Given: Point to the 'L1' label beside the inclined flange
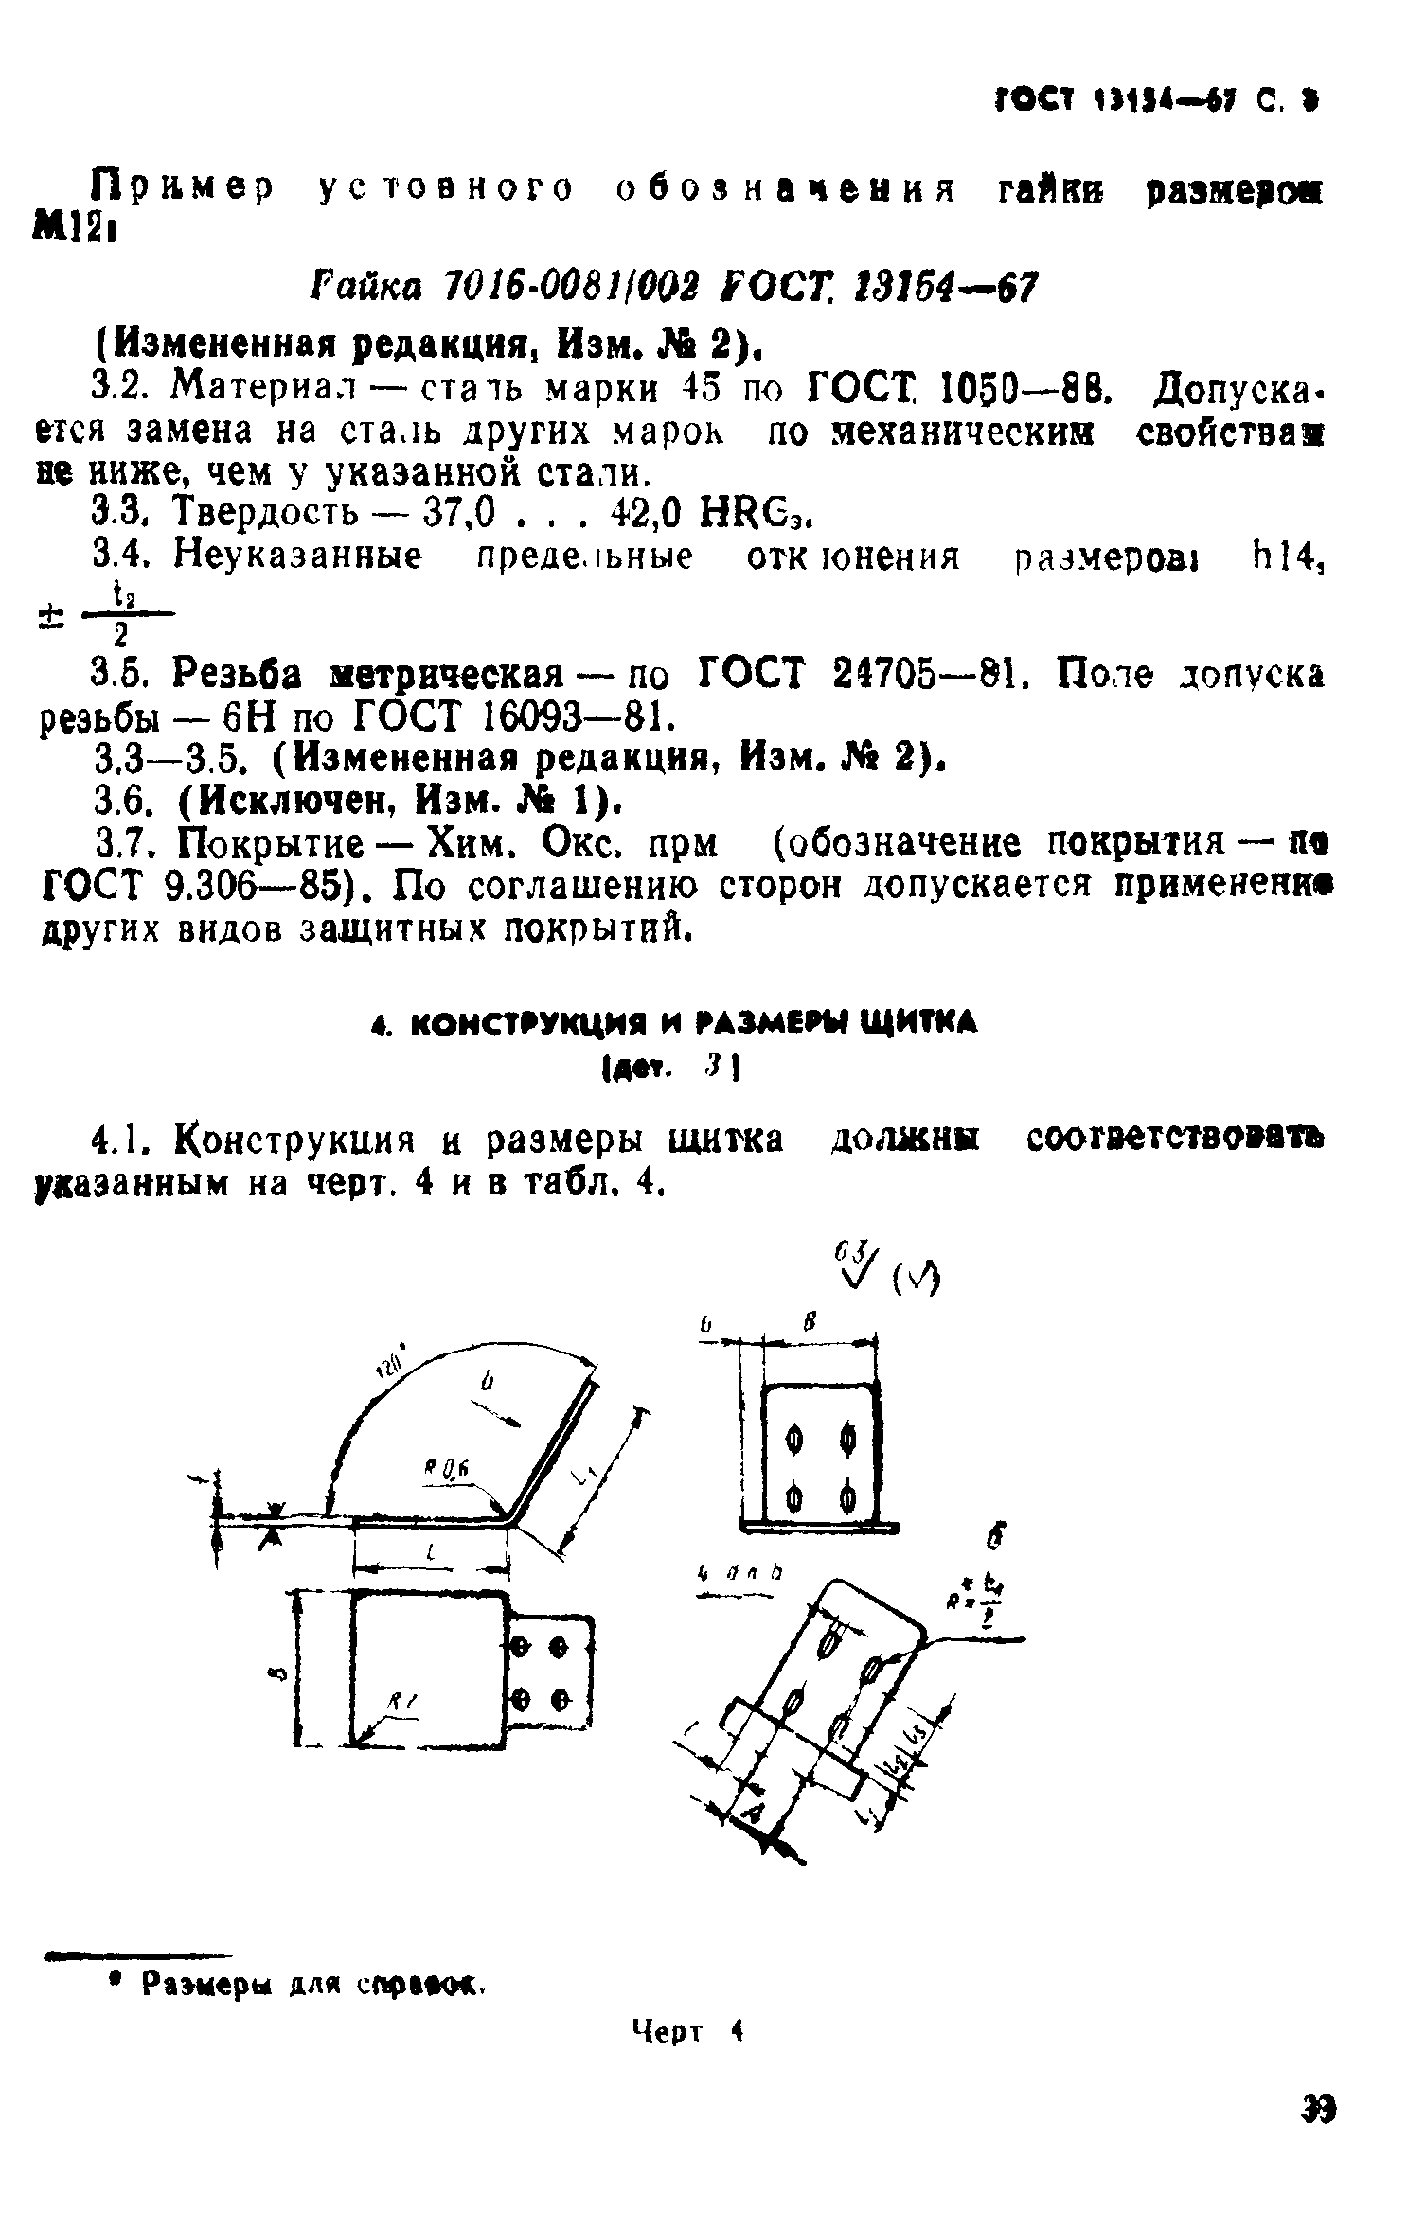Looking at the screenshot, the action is (584, 1471).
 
